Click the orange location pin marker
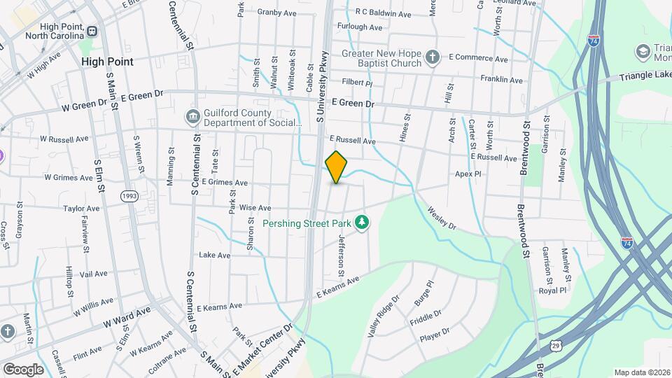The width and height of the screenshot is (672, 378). click(x=337, y=167)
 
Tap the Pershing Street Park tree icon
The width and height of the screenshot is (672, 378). click(x=362, y=223)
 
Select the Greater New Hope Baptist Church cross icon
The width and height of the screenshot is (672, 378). click(x=433, y=57)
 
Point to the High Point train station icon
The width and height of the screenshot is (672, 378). click(x=91, y=31)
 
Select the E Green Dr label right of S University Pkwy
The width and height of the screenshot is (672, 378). click(x=353, y=104)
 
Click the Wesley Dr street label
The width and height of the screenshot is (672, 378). click(x=441, y=218)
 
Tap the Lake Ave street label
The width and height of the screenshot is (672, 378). click(x=215, y=255)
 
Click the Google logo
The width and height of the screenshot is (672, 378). click(x=23, y=370)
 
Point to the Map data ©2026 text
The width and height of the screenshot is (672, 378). click(x=641, y=372)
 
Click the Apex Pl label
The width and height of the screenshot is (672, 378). click(x=468, y=174)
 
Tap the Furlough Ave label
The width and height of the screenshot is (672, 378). click(x=360, y=27)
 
